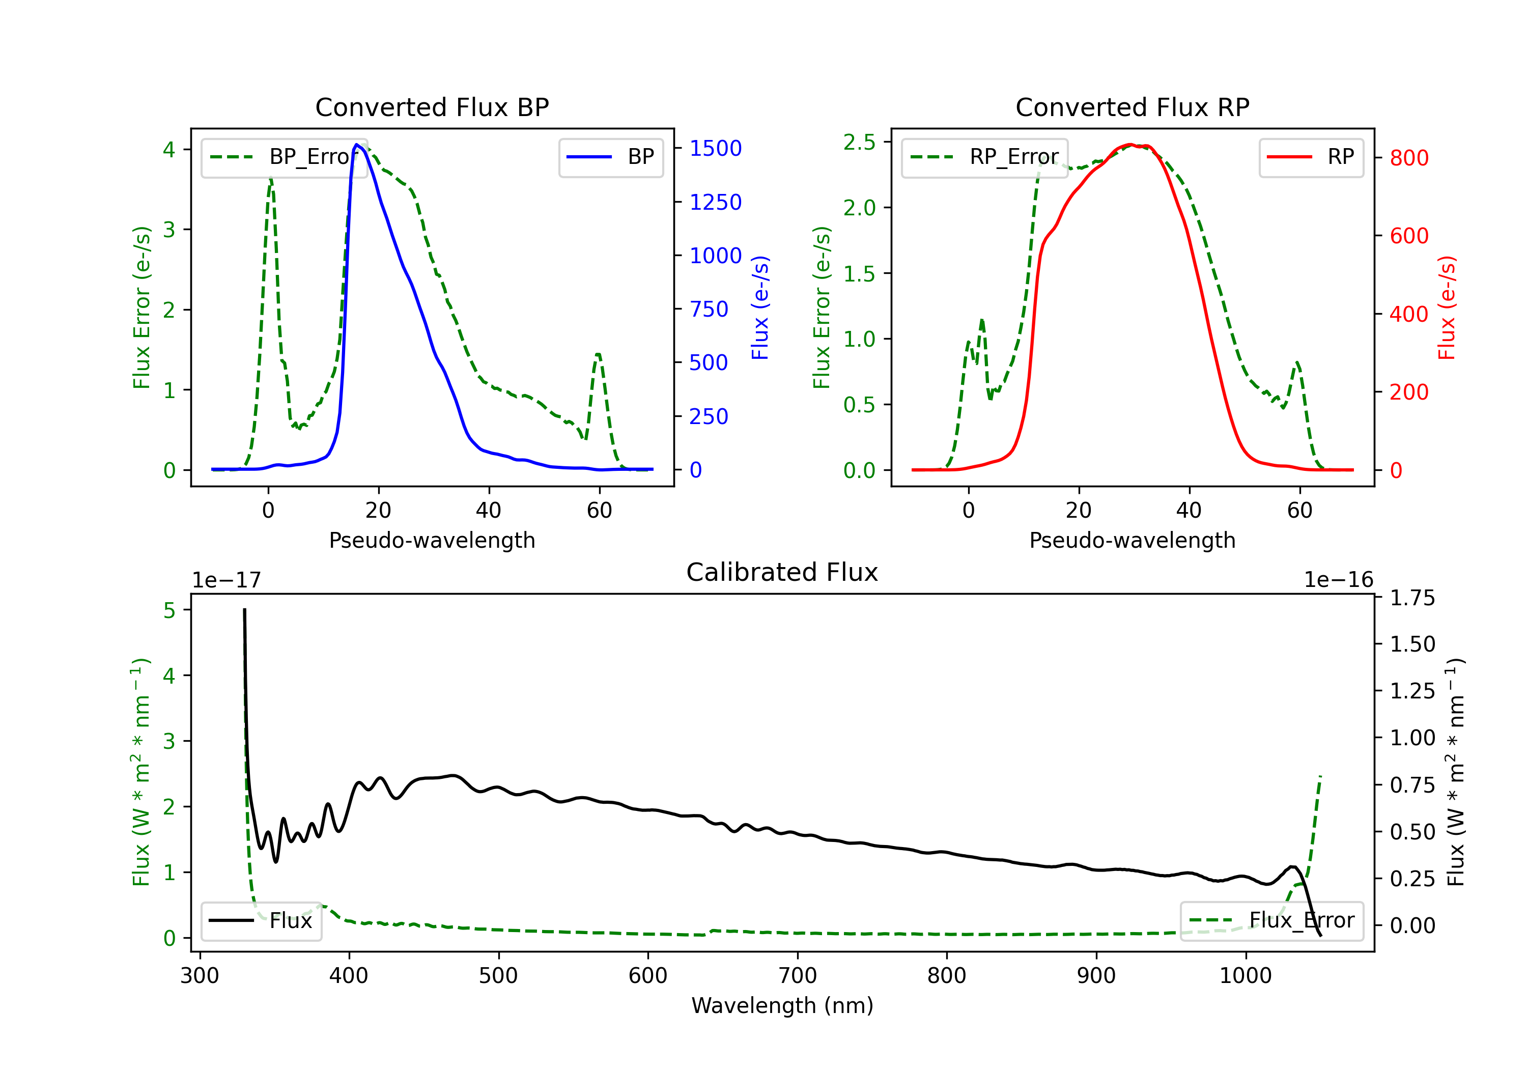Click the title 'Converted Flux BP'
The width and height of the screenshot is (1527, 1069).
pyautogui.click(x=432, y=107)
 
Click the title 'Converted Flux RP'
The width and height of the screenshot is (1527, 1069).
pyautogui.click(x=1132, y=107)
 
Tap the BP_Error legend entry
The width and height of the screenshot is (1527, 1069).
pyautogui.click(x=285, y=157)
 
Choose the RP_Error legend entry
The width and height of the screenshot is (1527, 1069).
pyautogui.click(x=984, y=157)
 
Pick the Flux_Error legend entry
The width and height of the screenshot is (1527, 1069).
pyautogui.click(x=1271, y=921)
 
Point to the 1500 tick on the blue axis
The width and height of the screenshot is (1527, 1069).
pyautogui.click(x=715, y=148)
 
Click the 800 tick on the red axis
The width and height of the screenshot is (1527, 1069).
pyautogui.click(x=1408, y=158)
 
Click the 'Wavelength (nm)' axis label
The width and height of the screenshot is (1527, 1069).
pyautogui.click(x=782, y=1006)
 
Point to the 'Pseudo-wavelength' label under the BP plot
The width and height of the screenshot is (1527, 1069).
pyautogui.click(x=432, y=540)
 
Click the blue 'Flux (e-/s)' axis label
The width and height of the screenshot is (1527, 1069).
pyautogui.click(x=760, y=307)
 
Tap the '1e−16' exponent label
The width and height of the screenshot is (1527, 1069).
pyautogui.click(x=1338, y=580)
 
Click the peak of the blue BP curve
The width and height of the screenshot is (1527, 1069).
pyautogui.click(x=356, y=145)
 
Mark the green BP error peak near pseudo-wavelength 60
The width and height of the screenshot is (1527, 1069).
pyautogui.click(x=598, y=355)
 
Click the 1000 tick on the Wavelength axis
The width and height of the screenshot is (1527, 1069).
pyautogui.click(x=1245, y=976)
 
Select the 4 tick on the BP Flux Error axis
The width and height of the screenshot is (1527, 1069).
pyautogui.click(x=169, y=150)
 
